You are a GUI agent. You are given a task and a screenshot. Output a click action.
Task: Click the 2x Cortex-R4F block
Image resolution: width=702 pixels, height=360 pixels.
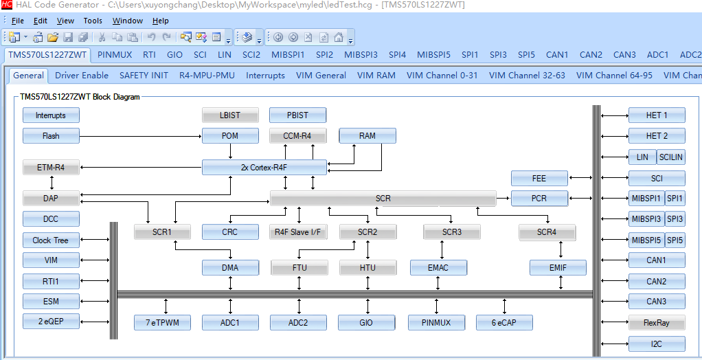[x=264, y=168]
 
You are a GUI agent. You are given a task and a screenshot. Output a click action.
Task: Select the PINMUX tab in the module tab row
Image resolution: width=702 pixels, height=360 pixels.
[x=115, y=55]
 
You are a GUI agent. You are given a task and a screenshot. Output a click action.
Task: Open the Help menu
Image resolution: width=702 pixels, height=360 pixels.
[x=160, y=21]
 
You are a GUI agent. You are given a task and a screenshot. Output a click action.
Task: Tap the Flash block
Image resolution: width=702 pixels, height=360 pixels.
[x=51, y=135]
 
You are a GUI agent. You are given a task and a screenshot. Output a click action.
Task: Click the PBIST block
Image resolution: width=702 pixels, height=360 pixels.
[x=297, y=115]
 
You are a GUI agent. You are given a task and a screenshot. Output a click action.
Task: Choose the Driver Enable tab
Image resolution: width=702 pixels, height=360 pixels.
[x=82, y=75]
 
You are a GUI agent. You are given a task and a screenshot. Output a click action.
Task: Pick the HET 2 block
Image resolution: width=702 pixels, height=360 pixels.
[x=657, y=135]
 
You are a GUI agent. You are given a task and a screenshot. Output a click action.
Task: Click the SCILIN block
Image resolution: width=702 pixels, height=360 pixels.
[x=670, y=157]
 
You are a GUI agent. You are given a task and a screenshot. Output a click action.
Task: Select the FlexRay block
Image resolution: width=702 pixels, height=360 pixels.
[x=657, y=323]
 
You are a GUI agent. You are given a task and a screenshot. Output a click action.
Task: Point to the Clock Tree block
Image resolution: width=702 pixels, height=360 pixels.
[x=51, y=240]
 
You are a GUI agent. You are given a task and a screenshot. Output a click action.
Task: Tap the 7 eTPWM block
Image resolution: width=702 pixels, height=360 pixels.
[x=162, y=322]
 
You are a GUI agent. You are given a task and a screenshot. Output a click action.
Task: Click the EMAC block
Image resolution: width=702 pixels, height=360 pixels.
[x=438, y=268]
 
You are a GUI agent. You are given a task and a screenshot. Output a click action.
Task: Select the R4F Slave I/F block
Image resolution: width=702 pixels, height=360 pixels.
[x=297, y=232]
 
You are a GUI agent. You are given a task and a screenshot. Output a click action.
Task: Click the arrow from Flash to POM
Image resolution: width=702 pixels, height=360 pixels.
[x=141, y=136]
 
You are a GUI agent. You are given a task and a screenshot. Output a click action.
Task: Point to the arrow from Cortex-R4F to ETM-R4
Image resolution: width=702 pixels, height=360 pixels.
[x=141, y=168]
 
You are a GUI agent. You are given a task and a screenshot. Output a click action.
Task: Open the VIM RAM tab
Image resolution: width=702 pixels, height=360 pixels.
[x=376, y=75]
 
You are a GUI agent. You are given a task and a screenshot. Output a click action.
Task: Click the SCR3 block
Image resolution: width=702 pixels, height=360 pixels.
[x=452, y=232]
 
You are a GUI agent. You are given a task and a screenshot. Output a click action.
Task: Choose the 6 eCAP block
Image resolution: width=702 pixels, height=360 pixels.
[x=504, y=322]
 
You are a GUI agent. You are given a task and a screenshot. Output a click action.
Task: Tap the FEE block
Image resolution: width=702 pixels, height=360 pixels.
[x=539, y=178]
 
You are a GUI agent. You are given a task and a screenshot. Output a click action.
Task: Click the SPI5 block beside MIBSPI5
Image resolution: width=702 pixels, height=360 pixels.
[x=675, y=240]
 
